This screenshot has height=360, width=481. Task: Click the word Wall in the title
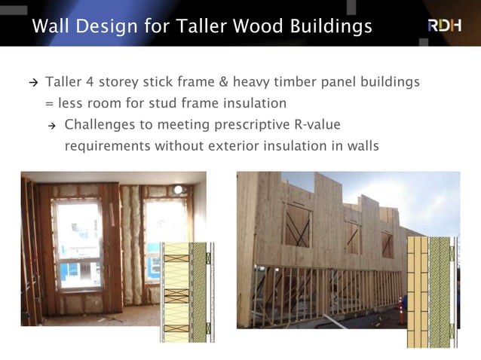[51, 26]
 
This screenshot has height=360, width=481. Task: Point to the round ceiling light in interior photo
[178, 190]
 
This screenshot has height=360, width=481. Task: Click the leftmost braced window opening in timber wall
[297, 226]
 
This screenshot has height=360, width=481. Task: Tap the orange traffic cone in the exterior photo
[401, 312]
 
